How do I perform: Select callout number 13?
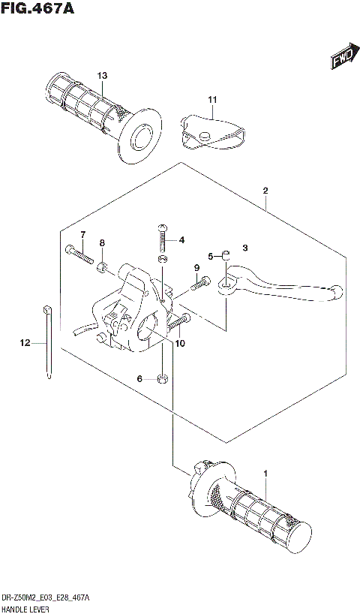coord(102,75)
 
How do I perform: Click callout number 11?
coord(212,99)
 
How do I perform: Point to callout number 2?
coord(265,191)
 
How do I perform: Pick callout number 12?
coord(25,343)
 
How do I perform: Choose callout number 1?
coord(265,474)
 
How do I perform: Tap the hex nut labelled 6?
coord(163,378)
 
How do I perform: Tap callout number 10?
coord(179,344)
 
